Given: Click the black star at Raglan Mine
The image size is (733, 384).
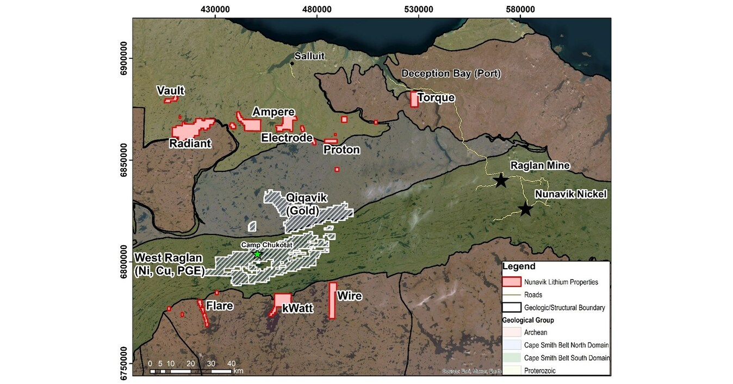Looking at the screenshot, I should pyautogui.click(x=500, y=181).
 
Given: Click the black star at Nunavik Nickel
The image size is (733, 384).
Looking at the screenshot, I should pyautogui.click(x=525, y=209).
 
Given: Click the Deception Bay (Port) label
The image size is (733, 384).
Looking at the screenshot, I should pyautogui.click(x=451, y=73).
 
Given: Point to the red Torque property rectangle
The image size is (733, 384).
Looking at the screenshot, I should pyautogui.click(x=414, y=99).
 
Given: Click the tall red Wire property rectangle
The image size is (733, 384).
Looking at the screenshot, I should pyautogui.click(x=332, y=300).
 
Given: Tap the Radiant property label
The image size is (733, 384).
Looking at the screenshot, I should pyautogui.click(x=190, y=144).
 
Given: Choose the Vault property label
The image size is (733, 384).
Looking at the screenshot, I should pyautogui.click(x=171, y=90).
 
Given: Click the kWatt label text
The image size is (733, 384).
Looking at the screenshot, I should pyautogui.click(x=298, y=308).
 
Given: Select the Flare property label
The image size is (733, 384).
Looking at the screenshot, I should pyautogui.click(x=220, y=306).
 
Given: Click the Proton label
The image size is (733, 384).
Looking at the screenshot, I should pyautogui.click(x=341, y=150).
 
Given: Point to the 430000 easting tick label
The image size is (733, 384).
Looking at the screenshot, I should pyautogui.click(x=215, y=9).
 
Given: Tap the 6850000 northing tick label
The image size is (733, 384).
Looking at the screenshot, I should pyautogui.click(x=125, y=161).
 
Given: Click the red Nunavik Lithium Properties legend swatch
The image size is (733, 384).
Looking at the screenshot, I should pyautogui.click(x=512, y=282).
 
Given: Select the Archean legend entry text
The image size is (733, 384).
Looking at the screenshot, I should pyautogui.click(x=536, y=332).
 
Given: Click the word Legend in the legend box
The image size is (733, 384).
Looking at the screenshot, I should pyautogui.click(x=519, y=267).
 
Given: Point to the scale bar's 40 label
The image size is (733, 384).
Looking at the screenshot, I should pyautogui.click(x=231, y=363).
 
